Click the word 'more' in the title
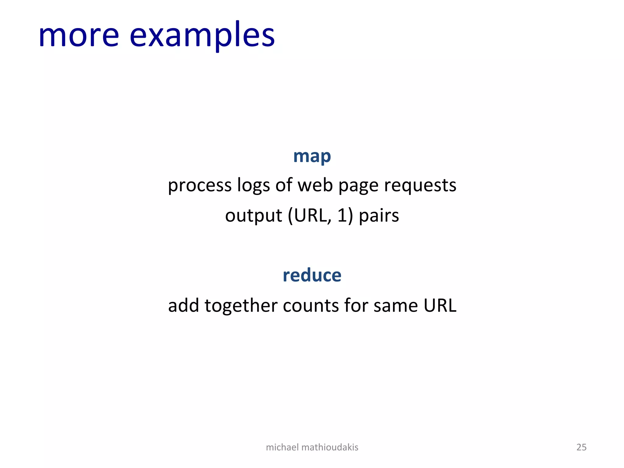point(79,36)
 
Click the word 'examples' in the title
point(202,36)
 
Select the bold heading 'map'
point(312,157)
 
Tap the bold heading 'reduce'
point(312,275)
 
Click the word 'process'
point(200,186)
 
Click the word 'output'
point(253,216)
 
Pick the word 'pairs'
point(379,216)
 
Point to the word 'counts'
point(310,305)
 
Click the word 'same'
point(395,306)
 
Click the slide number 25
point(581,447)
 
